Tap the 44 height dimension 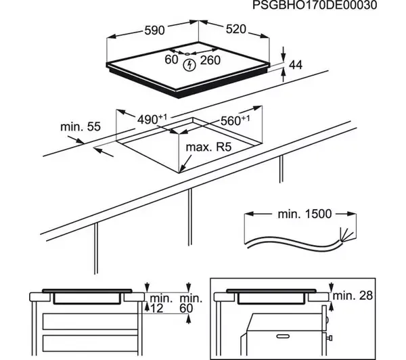click(295, 64)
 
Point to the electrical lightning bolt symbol click(191, 65)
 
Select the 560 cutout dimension click(232, 121)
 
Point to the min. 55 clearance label click(80, 126)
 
